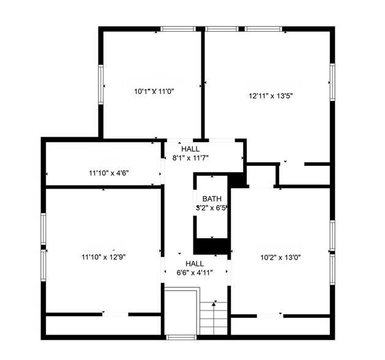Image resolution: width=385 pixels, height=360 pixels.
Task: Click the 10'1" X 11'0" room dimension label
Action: (x=154, y=92)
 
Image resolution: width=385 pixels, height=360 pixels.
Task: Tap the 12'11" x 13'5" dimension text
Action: (x=271, y=96)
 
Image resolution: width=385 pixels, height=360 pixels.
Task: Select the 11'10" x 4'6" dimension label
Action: (x=109, y=173)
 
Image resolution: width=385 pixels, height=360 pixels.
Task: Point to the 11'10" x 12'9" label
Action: (x=103, y=257)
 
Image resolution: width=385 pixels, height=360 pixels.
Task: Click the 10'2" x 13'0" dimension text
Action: (x=281, y=257)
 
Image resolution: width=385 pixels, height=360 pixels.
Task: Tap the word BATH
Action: (x=212, y=198)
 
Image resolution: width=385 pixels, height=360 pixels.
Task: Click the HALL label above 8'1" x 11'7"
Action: (x=190, y=149)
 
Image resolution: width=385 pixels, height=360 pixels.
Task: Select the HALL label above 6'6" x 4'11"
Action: (x=195, y=264)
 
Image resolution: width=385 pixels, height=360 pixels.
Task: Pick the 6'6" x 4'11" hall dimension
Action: (x=195, y=272)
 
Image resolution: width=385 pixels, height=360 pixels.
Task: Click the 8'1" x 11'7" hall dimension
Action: (x=190, y=158)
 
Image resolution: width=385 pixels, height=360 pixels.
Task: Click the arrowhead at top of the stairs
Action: (x=214, y=304)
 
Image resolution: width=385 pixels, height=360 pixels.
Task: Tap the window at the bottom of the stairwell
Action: (x=181, y=337)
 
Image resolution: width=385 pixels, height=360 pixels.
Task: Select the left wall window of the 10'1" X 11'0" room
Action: (x=100, y=84)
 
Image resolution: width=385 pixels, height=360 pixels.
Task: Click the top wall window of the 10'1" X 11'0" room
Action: (x=178, y=29)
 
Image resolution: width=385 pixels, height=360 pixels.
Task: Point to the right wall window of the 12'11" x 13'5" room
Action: (x=332, y=82)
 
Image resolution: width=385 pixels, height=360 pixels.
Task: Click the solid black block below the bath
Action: (x=212, y=246)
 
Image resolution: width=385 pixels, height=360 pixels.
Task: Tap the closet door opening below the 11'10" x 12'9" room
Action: (x=116, y=314)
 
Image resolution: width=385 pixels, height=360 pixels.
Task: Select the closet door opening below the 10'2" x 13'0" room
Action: (x=270, y=316)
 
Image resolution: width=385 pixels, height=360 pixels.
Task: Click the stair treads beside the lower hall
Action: (x=214, y=318)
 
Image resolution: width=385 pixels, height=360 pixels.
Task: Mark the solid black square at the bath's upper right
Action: (x=237, y=180)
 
